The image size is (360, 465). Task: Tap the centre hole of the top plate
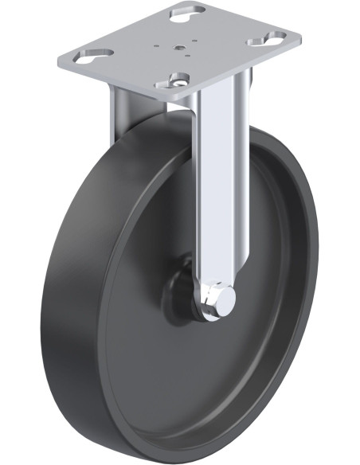[182, 48]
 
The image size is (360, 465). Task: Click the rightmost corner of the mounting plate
[300, 36]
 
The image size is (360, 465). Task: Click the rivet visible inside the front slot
[181, 80]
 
